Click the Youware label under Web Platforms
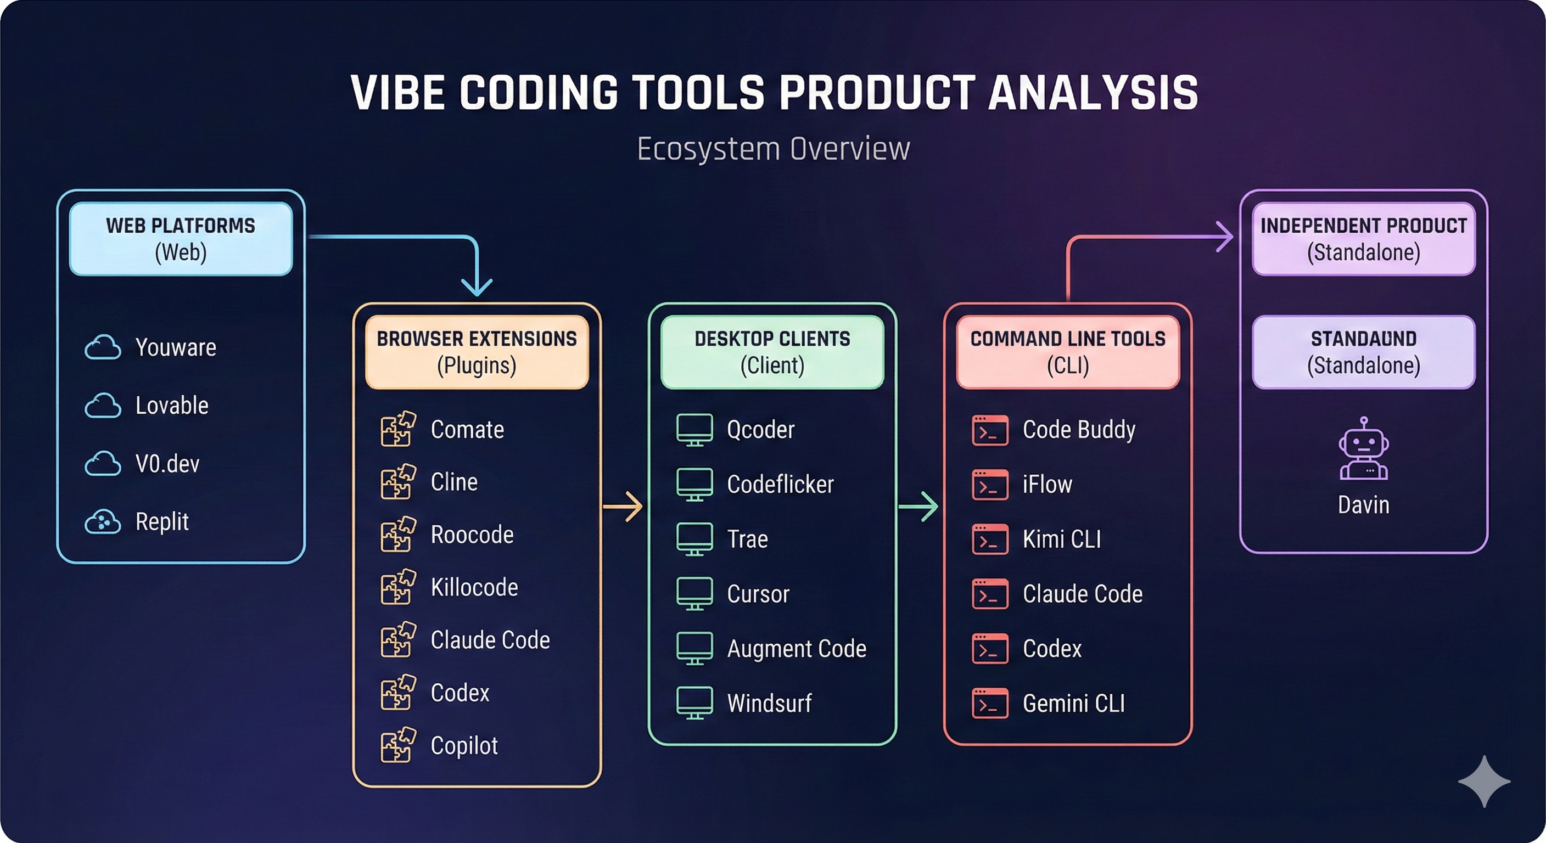tap(176, 347)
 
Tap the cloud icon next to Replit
tap(103, 522)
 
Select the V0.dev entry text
tap(167, 464)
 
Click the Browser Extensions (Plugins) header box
tap(477, 352)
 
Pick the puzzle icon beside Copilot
tap(398, 745)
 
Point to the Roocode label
tap(472, 535)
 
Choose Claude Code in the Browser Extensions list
tap(490, 639)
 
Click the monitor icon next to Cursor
tap(694, 594)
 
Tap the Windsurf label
tap(769, 703)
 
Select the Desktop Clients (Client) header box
tap(772, 352)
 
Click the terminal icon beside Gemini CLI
tap(990, 703)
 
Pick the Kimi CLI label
tap(1062, 539)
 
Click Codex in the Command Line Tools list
tap(1052, 649)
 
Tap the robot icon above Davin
tap(1364, 448)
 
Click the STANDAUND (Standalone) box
tap(1364, 352)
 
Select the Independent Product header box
tap(1364, 239)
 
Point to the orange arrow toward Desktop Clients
tap(623, 507)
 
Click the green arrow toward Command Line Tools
tap(918, 507)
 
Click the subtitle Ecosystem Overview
tap(773, 149)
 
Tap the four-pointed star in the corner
tap(1484, 781)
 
